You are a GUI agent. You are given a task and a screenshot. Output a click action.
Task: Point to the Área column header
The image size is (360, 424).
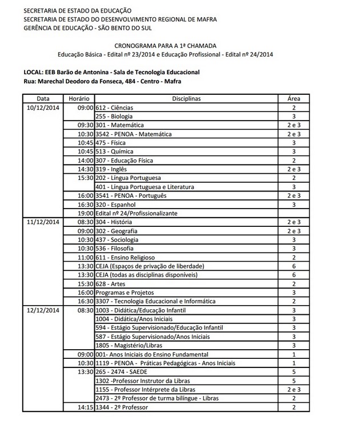294,99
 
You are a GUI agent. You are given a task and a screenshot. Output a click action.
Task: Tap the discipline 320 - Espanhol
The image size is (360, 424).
117,204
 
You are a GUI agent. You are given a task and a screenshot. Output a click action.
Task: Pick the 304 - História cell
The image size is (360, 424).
116,222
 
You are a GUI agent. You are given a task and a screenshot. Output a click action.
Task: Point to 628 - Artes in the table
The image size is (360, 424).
112,283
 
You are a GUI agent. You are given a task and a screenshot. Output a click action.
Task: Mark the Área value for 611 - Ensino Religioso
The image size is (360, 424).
294,257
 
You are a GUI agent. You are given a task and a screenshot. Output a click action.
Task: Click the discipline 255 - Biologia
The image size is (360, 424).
115,116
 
